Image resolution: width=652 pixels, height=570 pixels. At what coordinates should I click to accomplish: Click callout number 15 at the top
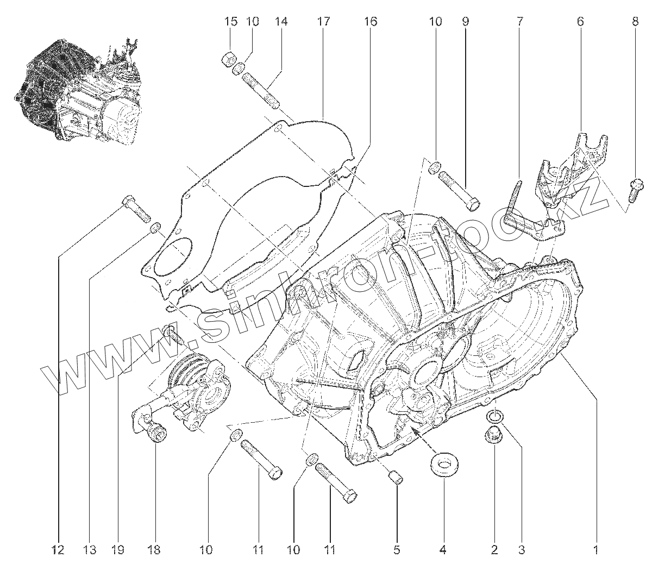click(231, 22)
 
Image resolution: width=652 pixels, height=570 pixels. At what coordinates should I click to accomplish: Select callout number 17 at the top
click(323, 22)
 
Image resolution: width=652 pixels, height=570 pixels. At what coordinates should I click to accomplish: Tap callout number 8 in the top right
click(635, 22)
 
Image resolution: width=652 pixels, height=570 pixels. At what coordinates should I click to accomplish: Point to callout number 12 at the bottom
click(58, 550)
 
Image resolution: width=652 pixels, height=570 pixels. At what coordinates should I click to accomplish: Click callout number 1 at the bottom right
click(596, 550)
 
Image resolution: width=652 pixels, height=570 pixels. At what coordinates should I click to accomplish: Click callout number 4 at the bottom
click(443, 550)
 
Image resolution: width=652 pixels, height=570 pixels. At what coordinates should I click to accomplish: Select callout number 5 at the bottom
click(397, 550)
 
